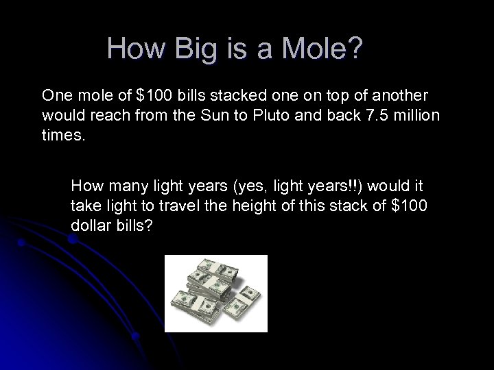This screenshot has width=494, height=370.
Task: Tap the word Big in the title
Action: [191, 49]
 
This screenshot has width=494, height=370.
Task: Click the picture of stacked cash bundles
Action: [215, 293]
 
